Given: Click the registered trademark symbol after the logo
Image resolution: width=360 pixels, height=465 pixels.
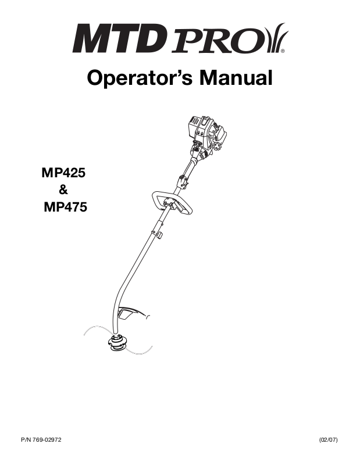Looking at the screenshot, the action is (283, 51).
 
